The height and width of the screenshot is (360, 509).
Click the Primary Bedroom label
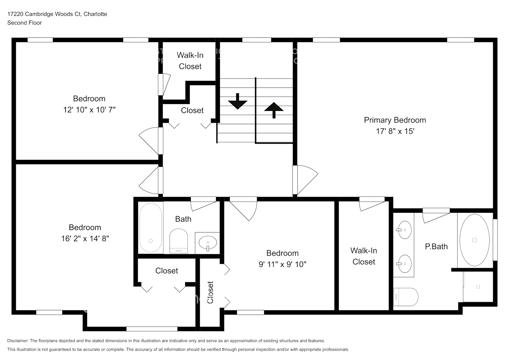(x=395, y=120)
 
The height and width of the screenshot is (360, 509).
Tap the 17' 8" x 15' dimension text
(x=395, y=131)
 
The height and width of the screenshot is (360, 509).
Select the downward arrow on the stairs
(x=238, y=102)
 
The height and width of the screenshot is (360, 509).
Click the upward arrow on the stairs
(x=274, y=109)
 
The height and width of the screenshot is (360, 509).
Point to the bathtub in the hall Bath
(x=150, y=228)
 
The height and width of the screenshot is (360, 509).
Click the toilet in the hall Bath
(x=179, y=240)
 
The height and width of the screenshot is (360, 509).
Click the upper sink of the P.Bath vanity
(x=404, y=230)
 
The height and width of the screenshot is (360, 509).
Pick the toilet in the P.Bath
(x=406, y=297)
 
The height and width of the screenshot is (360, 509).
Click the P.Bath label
(x=436, y=247)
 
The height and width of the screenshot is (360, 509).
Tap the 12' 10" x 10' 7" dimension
(x=89, y=110)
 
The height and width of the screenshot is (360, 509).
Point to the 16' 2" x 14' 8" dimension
(x=85, y=238)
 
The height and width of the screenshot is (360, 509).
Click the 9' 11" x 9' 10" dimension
(x=282, y=264)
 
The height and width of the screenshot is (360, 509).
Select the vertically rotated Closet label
(x=210, y=292)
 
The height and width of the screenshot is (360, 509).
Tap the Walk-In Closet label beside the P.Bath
(x=364, y=256)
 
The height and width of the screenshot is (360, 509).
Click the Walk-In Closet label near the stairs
(x=190, y=60)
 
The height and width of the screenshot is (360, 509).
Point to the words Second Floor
(x=24, y=23)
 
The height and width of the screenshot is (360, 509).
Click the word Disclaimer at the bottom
(x=18, y=341)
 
